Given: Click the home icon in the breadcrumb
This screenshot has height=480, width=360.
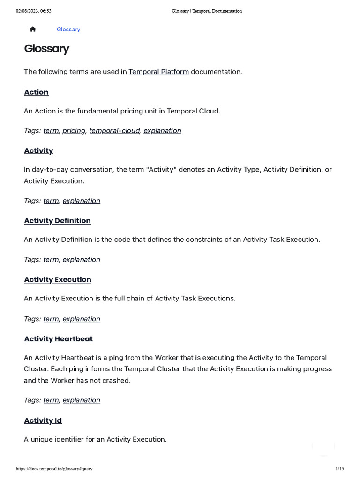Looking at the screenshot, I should pyautogui.click(x=33, y=29).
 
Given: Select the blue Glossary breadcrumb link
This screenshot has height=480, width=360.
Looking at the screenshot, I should pyautogui.click(x=68, y=29).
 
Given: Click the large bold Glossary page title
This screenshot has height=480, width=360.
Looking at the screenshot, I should pyautogui.click(x=46, y=49).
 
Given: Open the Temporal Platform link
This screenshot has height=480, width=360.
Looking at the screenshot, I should pyautogui.click(x=158, y=72).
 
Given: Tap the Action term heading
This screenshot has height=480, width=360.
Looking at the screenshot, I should pyautogui.click(x=36, y=92).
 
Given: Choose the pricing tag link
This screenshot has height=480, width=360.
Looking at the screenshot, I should pyautogui.click(x=74, y=130).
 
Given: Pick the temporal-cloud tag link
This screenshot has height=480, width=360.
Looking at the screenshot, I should pyautogui.click(x=114, y=130).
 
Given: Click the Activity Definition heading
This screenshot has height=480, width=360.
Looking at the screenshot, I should pyautogui.click(x=57, y=220).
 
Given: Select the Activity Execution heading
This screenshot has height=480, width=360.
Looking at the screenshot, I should pyautogui.click(x=58, y=279).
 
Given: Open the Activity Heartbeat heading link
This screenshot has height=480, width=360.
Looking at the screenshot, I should pyautogui.click(x=58, y=338).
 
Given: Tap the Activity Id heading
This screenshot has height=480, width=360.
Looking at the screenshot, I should pyautogui.click(x=43, y=420).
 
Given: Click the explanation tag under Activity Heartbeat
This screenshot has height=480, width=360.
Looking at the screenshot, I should pyautogui.click(x=81, y=400).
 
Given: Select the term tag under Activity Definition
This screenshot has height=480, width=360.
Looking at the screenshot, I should pyautogui.click(x=51, y=259).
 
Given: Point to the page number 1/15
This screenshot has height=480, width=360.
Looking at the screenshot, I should pyautogui.click(x=339, y=469).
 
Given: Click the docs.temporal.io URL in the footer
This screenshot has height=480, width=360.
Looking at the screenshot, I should pyautogui.click(x=54, y=469).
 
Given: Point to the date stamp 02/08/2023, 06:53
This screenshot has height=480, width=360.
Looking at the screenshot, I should pyautogui.click(x=34, y=11).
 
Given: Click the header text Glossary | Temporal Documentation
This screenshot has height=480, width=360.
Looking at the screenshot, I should pyautogui.click(x=207, y=11).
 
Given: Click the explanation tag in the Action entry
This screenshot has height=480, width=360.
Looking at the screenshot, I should pyautogui.click(x=162, y=130).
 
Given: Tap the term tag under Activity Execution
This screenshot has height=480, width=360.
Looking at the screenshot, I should pyautogui.click(x=51, y=319).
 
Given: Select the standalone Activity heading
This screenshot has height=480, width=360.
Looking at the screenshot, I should pyautogui.click(x=38, y=150).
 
